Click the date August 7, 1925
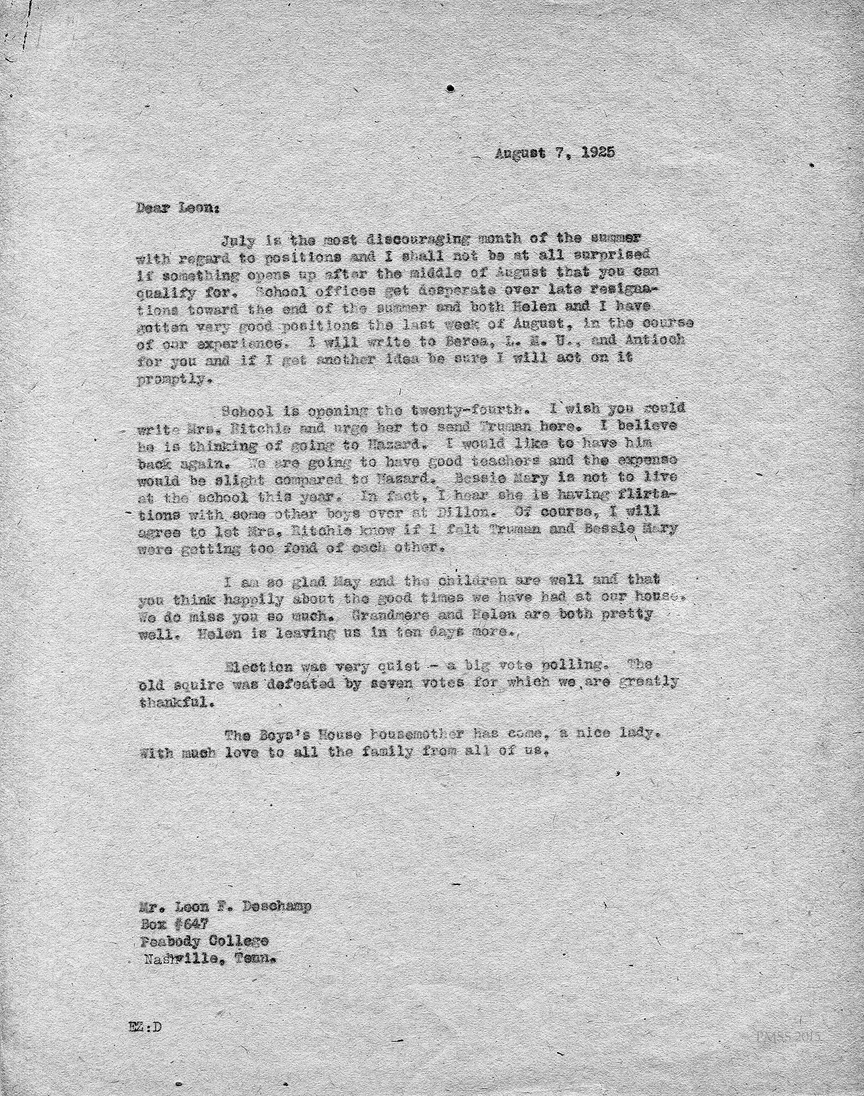pyautogui.click(x=554, y=153)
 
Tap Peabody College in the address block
pyautogui.click(x=204, y=941)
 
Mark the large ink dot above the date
pyautogui.click(x=451, y=88)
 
